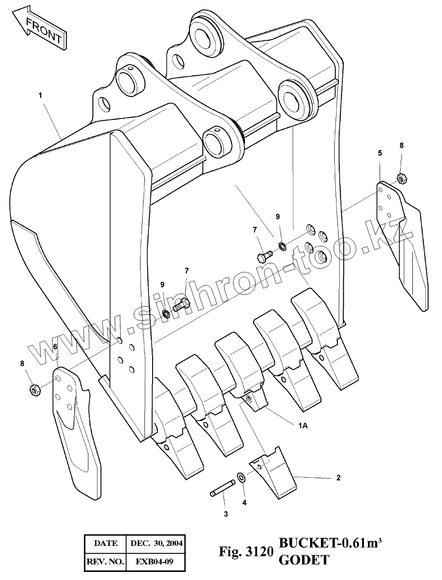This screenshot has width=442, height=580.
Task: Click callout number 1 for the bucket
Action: (40, 95)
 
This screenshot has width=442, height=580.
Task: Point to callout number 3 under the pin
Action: (226, 514)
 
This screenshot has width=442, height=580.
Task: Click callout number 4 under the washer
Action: (244, 502)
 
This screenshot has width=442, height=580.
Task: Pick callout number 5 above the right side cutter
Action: (380, 153)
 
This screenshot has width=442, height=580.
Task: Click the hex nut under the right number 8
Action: (402, 178)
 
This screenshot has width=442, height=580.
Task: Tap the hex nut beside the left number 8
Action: (35, 390)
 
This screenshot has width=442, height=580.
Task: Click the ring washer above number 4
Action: (241, 476)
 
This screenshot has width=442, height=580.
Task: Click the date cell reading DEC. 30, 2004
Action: (156, 543)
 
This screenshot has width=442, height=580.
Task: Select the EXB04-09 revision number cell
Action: (156, 561)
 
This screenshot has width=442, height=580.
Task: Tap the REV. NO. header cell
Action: (105, 561)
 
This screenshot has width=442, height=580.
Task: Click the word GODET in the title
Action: (304, 560)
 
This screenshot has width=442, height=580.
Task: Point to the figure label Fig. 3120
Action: (245, 551)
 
